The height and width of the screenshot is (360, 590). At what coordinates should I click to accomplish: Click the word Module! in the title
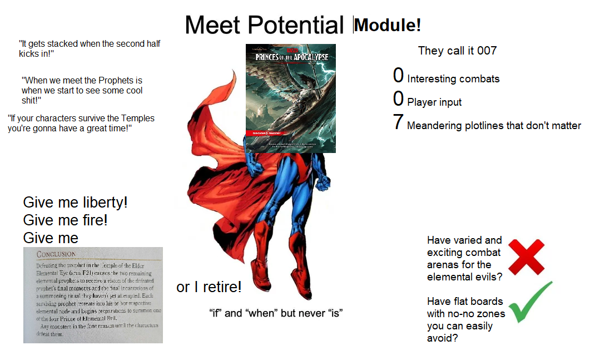click(388, 25)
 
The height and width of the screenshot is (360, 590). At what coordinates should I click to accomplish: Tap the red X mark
click(526, 257)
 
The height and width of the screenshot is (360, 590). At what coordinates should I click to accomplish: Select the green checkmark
click(530, 302)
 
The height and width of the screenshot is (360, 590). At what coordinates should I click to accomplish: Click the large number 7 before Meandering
click(398, 122)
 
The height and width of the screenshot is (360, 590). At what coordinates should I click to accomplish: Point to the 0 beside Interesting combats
click(398, 76)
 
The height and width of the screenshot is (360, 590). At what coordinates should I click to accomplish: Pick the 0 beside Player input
click(398, 99)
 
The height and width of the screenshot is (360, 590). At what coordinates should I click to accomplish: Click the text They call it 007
click(457, 51)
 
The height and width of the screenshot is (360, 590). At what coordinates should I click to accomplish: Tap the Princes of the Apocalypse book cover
click(290, 98)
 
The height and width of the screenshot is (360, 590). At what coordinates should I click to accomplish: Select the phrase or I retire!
click(209, 287)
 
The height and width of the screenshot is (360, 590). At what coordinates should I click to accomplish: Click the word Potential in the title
click(296, 25)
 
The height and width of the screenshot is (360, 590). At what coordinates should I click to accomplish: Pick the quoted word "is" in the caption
click(334, 313)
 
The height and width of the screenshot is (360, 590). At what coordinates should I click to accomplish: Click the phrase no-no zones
click(479, 314)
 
